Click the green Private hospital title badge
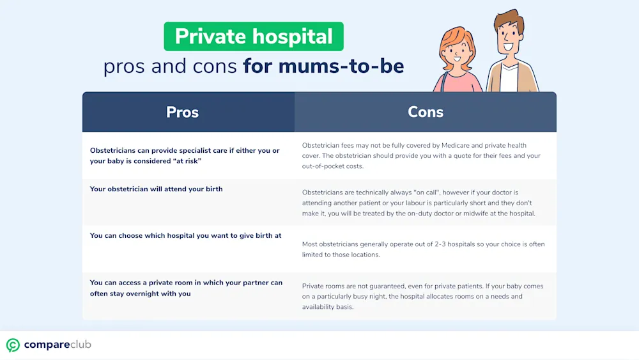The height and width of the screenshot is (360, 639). (254, 36)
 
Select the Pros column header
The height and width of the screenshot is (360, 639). (182, 112)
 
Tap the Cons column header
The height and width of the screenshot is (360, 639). (426, 112)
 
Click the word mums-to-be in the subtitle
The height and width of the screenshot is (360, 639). (341, 66)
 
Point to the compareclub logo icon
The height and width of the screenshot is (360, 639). (13, 345)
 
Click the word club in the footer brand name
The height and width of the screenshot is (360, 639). (81, 345)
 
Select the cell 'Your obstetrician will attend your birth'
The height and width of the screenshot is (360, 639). (156, 189)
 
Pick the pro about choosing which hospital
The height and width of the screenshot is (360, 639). (185, 236)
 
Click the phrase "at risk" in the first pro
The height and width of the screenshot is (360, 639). (187, 161)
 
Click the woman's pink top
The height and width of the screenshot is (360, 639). (458, 82)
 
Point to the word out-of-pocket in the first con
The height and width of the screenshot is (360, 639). (323, 166)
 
